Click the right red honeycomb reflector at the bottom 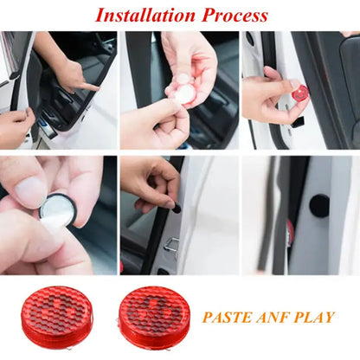pyautogui.click(x=152, y=313)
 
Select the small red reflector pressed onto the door pyautogui.click(x=300, y=92)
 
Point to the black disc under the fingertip pyautogui.click(x=177, y=208)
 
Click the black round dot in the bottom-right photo pyautogui.click(x=319, y=205)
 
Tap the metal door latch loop pyautogui.click(x=170, y=248)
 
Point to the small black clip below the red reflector pyautogui.click(x=298, y=120)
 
